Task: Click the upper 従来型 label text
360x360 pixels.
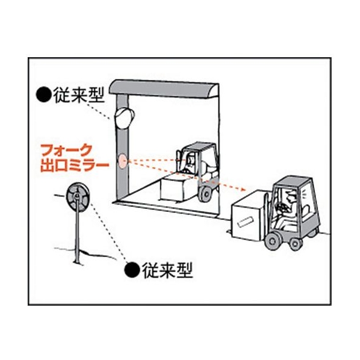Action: pyautogui.click(x=79, y=95)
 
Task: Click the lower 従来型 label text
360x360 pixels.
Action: pyautogui.click(x=167, y=270)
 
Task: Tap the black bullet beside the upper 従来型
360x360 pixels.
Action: pyautogui.click(x=43, y=95)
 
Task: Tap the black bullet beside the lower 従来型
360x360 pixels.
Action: pyautogui.click(x=132, y=270)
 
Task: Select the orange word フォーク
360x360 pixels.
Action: pyautogui.click(x=66, y=151)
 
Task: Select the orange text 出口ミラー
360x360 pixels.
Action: pyautogui.click(x=75, y=166)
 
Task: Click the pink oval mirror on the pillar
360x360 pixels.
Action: pyautogui.click(x=122, y=161)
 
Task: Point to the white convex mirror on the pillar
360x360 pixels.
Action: pyautogui.click(x=124, y=118)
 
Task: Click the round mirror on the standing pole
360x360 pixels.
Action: pyautogui.click(x=78, y=196)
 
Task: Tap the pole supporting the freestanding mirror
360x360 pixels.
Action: pyautogui.click(x=77, y=234)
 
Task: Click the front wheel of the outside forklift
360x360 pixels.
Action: pyautogui.click(x=273, y=241)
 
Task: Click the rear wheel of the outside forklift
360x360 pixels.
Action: pyautogui.click(x=296, y=244)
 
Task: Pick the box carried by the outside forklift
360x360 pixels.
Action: pyautogui.click(x=249, y=216)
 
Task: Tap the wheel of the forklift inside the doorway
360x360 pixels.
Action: pyautogui.click(x=206, y=194)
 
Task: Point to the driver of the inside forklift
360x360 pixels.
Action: pyautogui.click(x=188, y=164)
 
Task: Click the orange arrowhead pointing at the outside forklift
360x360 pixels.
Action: pyautogui.click(x=243, y=190)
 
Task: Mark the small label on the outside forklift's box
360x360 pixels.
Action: pyautogui.click(x=246, y=222)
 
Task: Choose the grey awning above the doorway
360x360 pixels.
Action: pyautogui.click(x=164, y=88)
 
